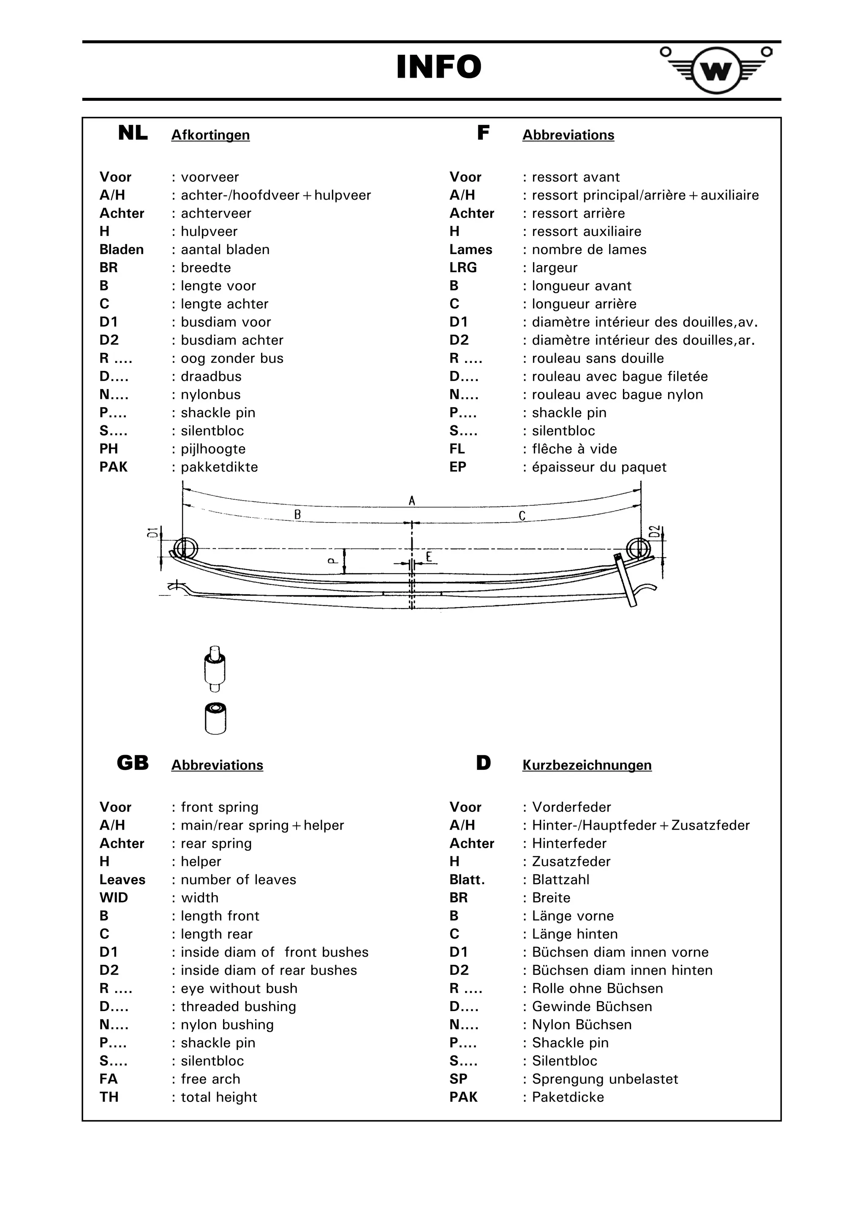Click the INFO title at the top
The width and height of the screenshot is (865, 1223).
(x=439, y=67)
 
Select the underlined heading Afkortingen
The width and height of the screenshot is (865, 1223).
(x=210, y=135)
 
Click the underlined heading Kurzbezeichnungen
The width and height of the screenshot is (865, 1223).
(x=586, y=766)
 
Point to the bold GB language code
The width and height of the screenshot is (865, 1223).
(x=133, y=763)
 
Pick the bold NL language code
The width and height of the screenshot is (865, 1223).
(x=133, y=133)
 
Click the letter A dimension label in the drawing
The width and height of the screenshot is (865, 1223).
(x=411, y=501)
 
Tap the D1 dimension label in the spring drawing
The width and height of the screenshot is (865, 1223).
(x=153, y=532)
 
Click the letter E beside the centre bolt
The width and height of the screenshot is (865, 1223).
(x=429, y=557)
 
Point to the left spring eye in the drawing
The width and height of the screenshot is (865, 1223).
(x=185, y=548)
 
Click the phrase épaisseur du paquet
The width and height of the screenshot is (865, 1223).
(x=598, y=467)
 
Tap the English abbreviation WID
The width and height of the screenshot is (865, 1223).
(x=114, y=898)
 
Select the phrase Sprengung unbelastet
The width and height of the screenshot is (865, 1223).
(x=604, y=1079)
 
